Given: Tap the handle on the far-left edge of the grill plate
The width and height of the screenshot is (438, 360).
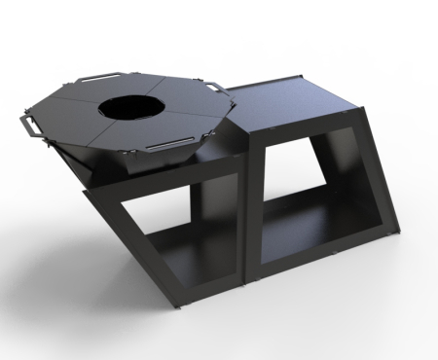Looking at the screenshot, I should tap(28, 125).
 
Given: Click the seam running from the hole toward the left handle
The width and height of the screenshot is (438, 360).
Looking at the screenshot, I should tap(73, 109).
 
